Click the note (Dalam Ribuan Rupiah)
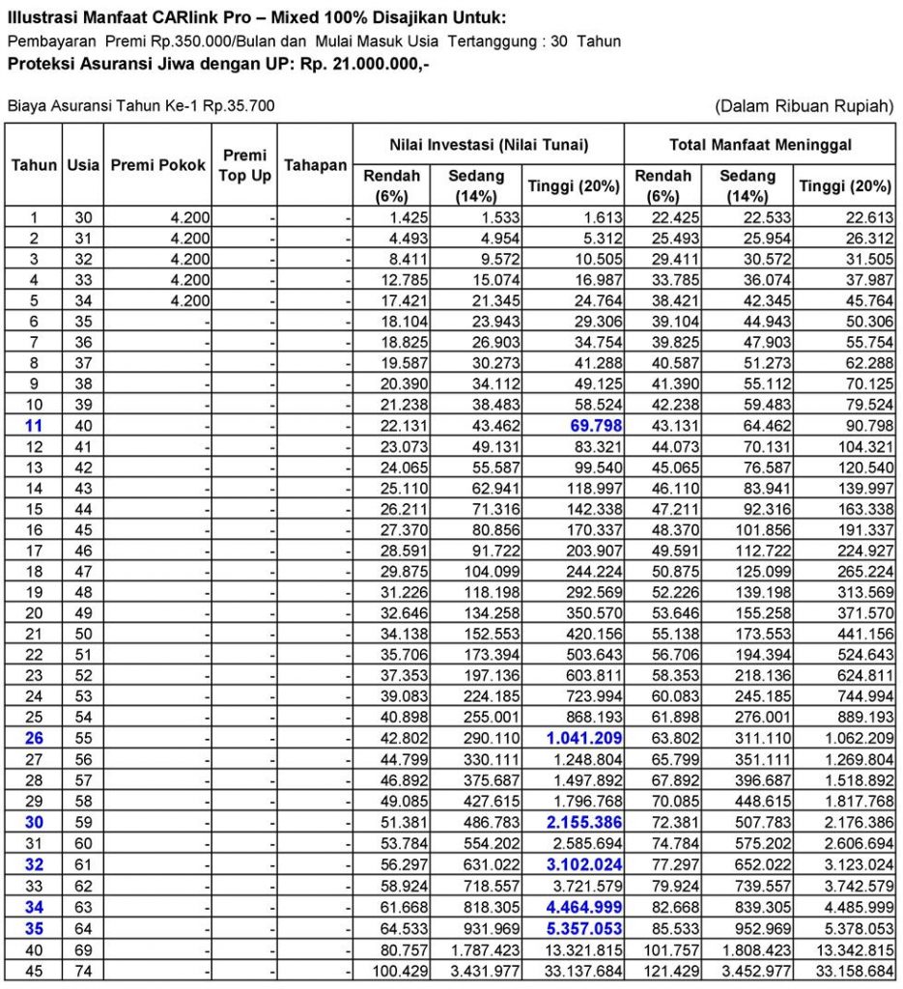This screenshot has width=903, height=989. [804, 105]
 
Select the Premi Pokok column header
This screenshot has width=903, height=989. [157, 165]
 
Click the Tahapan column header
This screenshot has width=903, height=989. [315, 165]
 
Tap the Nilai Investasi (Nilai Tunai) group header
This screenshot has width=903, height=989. [488, 144]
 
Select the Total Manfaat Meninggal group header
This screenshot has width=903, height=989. [760, 144]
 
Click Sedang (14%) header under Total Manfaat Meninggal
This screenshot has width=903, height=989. [748, 185]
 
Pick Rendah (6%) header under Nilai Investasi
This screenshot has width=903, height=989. [391, 185]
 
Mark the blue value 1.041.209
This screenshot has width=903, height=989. [579, 738]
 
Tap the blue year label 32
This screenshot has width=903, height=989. [34, 863]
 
